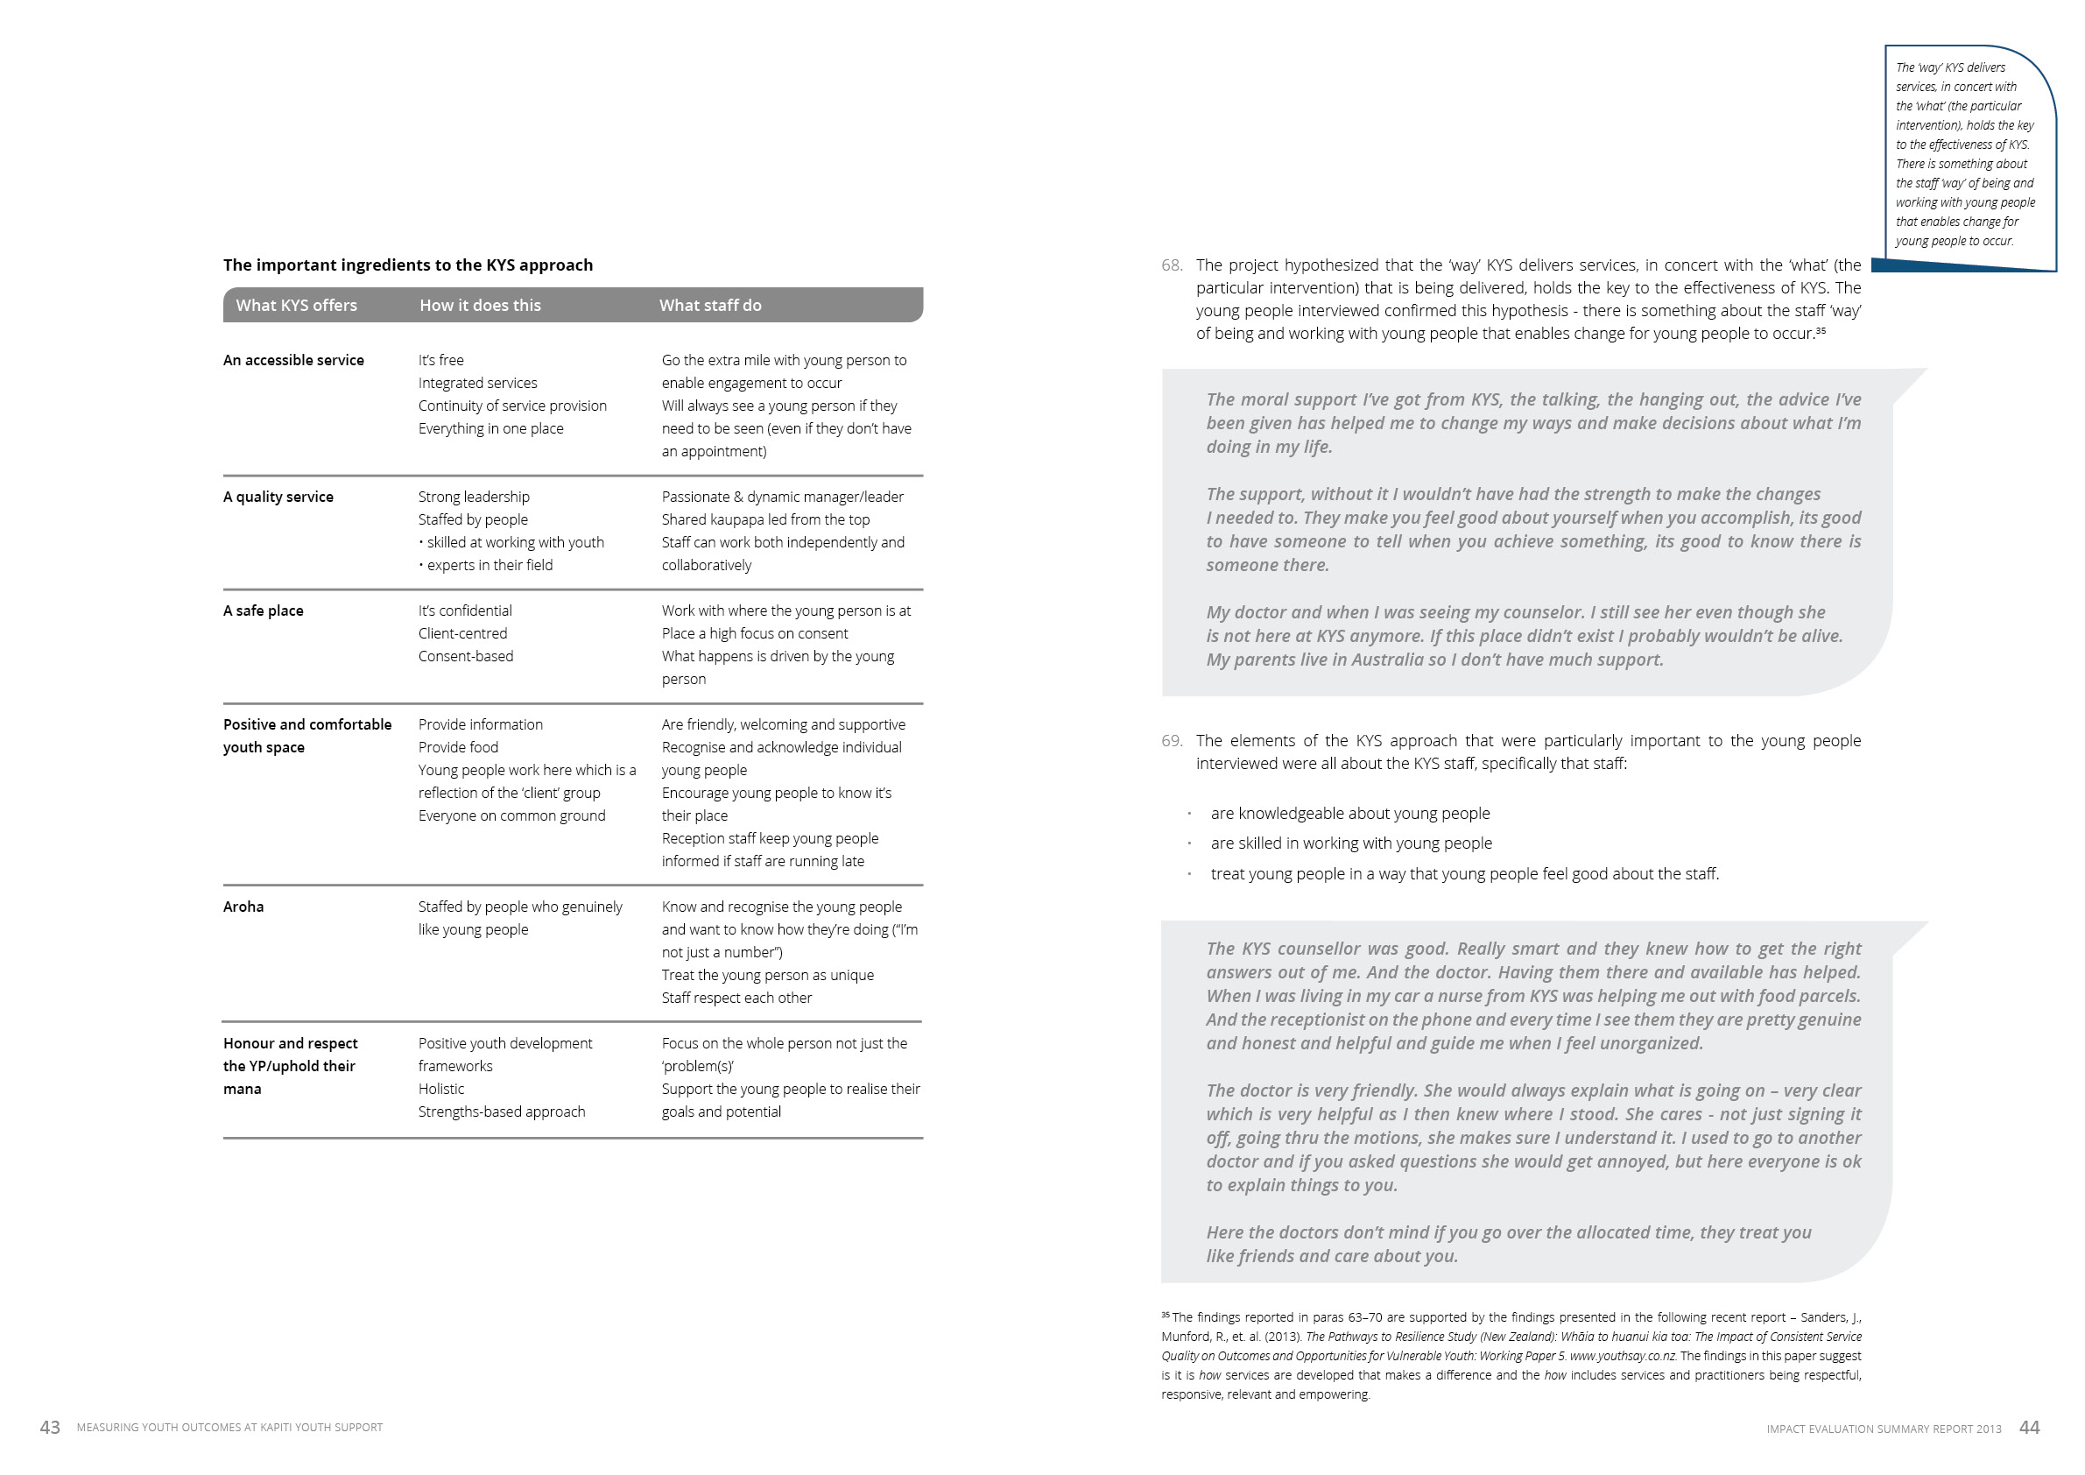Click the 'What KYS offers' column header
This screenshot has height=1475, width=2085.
click(x=296, y=305)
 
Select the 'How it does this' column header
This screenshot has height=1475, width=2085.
click(x=480, y=305)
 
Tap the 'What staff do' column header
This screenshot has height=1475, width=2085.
click(x=710, y=305)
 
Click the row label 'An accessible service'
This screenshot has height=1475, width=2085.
click(x=293, y=361)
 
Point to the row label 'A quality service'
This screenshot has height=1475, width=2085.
click(x=278, y=497)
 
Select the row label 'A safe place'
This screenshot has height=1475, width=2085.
click(x=264, y=610)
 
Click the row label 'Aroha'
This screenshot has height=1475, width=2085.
click(x=243, y=907)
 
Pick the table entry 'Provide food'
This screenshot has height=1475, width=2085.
click(x=458, y=747)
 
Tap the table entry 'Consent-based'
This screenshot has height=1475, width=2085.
click(x=465, y=656)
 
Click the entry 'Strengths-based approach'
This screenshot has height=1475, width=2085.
click(x=501, y=1112)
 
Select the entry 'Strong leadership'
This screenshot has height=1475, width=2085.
click(x=473, y=497)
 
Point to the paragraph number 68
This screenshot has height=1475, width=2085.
click(x=1172, y=265)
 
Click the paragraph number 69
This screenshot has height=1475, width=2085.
click(x=1172, y=741)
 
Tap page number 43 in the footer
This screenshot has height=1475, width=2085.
click(x=50, y=1428)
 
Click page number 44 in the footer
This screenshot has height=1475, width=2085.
click(x=2029, y=1428)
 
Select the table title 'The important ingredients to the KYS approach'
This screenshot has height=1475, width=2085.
click(x=408, y=265)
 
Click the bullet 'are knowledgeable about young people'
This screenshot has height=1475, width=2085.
click(x=1349, y=814)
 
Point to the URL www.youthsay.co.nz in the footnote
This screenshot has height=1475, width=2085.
click(x=1622, y=1356)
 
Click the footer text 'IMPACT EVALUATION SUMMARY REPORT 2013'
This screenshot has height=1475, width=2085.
click(x=1884, y=1429)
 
